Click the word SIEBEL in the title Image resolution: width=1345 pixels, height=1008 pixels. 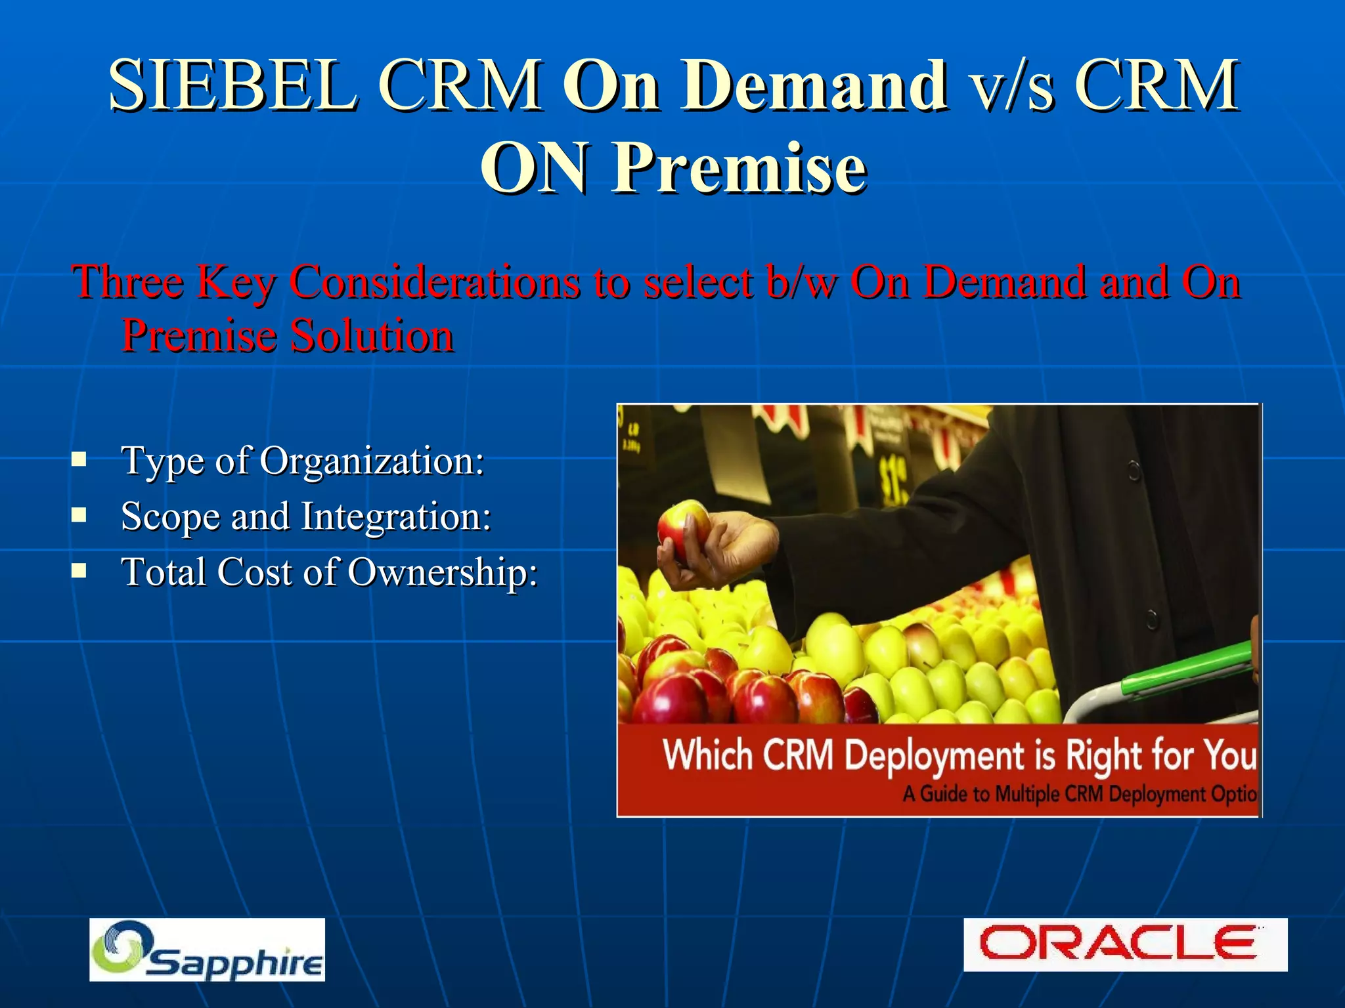[233, 85]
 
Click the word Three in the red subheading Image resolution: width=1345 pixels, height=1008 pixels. [127, 282]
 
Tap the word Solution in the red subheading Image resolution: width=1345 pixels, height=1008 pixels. [372, 336]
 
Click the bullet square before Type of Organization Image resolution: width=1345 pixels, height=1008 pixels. [79, 459]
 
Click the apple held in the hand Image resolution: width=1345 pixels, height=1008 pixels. [683, 529]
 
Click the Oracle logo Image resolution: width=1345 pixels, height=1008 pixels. [1124, 944]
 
